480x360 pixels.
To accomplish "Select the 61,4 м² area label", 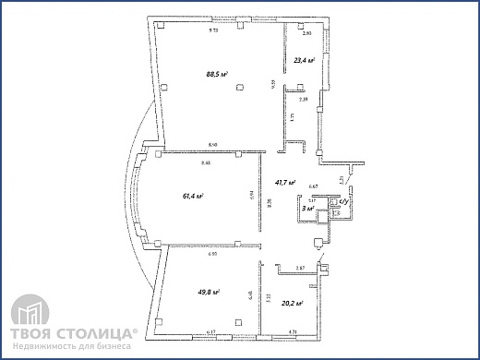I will pos(193,196).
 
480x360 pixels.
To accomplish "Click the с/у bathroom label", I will pos(342,201).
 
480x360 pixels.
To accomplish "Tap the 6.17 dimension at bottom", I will pos(211,331).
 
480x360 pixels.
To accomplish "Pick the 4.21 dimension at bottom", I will pos(293,331).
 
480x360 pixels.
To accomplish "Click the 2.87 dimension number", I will pos(300,268).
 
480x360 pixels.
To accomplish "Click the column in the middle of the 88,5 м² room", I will pos(239,86).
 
